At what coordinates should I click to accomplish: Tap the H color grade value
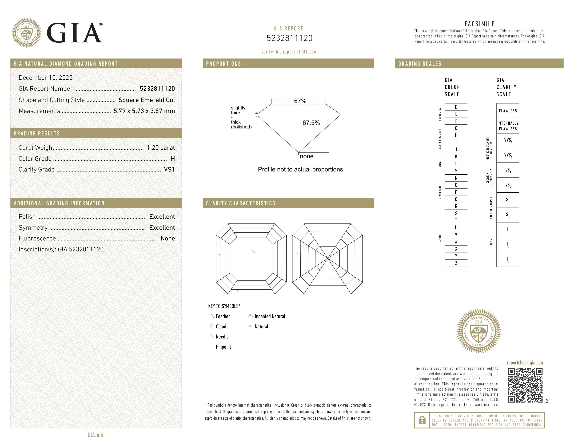pyautogui.click(x=173, y=159)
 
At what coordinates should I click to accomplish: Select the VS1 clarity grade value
pyautogui.click(x=169, y=170)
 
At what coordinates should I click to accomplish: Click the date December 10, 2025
pyautogui.click(x=45, y=78)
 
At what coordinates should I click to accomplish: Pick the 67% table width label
pyautogui.click(x=300, y=101)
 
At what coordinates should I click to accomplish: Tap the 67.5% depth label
pyautogui.click(x=311, y=123)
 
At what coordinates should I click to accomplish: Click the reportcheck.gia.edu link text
pyautogui.click(x=525, y=363)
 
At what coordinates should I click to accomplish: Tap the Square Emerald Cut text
pyautogui.click(x=147, y=100)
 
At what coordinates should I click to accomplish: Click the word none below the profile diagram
pyautogui.click(x=306, y=157)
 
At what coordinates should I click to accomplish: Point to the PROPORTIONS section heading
pyautogui.click(x=223, y=64)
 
